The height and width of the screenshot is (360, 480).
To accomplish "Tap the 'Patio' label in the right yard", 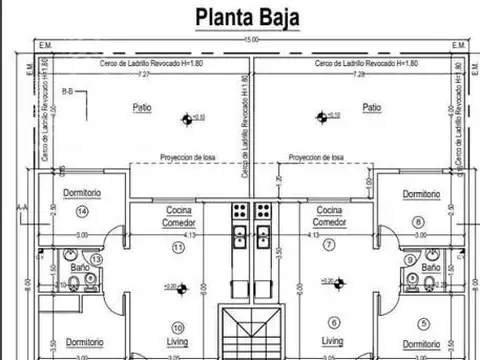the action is click(x=372, y=107).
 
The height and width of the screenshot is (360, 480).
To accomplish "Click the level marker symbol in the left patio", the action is click(x=187, y=119).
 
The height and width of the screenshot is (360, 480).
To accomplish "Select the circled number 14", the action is click(x=82, y=212).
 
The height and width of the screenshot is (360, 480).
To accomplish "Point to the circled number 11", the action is click(x=178, y=246).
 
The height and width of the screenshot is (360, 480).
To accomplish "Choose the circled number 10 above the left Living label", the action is click(x=177, y=327).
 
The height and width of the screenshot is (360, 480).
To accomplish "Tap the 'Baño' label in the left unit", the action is click(x=80, y=269).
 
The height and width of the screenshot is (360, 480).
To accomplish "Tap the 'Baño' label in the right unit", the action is click(x=430, y=269).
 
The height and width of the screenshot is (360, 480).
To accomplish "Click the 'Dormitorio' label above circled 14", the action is click(x=83, y=193).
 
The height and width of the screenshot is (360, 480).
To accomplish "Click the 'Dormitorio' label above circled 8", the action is click(x=421, y=193).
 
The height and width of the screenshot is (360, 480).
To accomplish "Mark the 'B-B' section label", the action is click(x=67, y=91).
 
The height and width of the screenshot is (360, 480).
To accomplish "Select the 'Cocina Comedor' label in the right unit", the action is click(x=329, y=216).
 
